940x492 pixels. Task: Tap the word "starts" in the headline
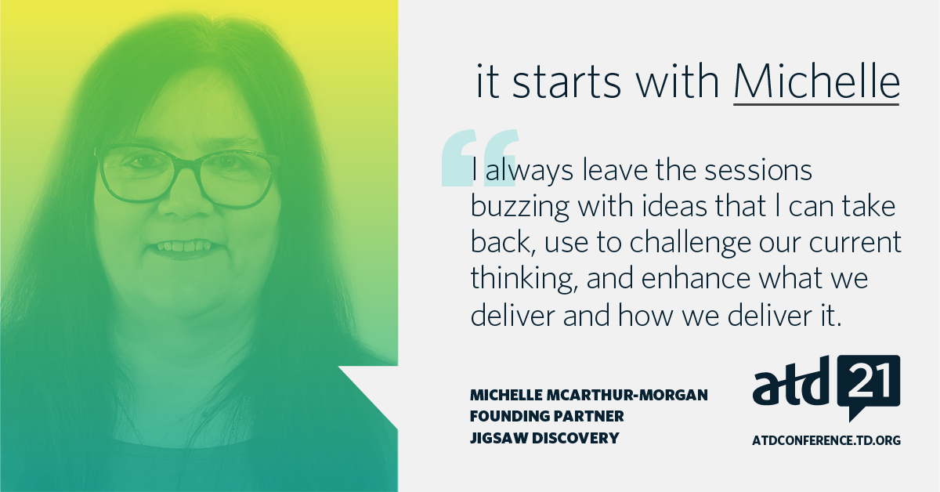tap(566, 82)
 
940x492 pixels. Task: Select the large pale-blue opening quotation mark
tap(480, 157)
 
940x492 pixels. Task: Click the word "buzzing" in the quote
tap(519, 207)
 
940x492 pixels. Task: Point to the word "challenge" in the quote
tap(689, 242)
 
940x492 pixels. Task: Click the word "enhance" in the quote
tap(696, 278)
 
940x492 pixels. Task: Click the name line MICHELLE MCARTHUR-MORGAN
tap(589, 395)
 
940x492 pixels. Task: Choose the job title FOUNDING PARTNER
tap(547, 417)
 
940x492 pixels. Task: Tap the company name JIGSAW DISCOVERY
tap(544, 438)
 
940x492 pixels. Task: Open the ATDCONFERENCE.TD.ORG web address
tap(826, 440)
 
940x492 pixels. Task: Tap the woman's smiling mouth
tap(185, 248)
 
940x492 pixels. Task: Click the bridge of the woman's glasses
tap(185, 165)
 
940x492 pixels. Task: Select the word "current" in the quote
tap(855, 243)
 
